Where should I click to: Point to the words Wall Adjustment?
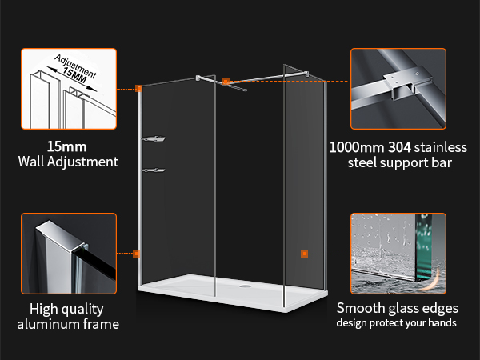tap(67, 162)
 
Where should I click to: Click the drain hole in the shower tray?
tap(246, 282)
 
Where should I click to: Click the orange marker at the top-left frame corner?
tap(139, 88)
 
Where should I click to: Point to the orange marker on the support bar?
tap(226, 81)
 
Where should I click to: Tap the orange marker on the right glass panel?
tap(304, 254)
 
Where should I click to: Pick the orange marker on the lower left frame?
tap(137, 254)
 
